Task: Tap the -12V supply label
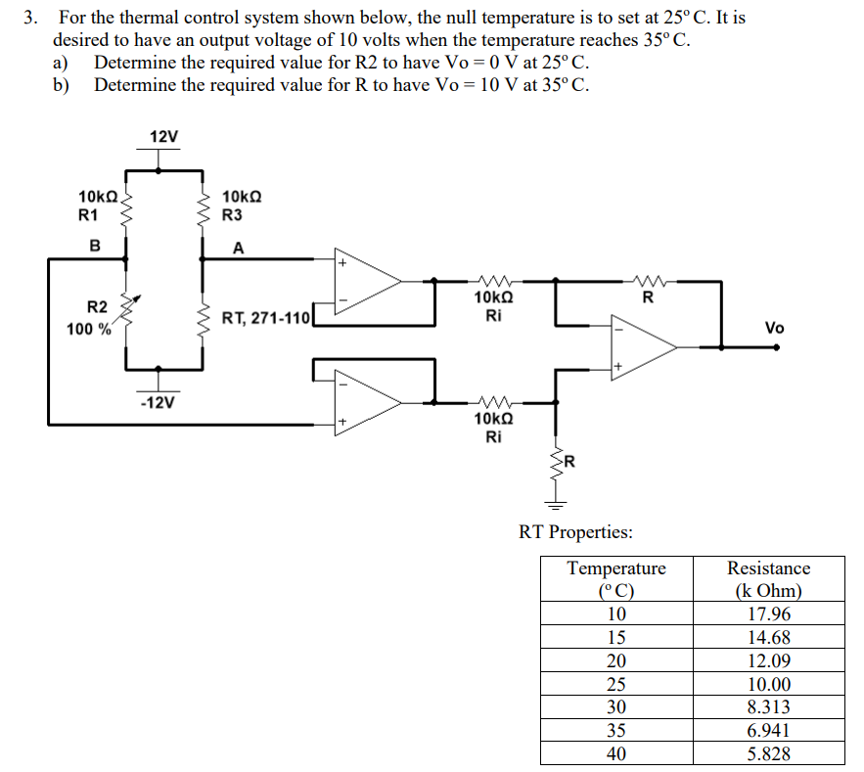157,402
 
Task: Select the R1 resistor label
88,214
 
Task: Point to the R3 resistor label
233,214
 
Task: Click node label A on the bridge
238,249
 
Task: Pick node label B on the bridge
95,246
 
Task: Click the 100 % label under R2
88,329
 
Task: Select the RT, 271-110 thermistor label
265,318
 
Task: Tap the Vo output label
774,328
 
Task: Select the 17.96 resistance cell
768,614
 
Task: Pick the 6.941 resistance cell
768,730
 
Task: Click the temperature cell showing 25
616,684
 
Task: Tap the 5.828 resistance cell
768,753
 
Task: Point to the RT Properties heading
574,532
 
